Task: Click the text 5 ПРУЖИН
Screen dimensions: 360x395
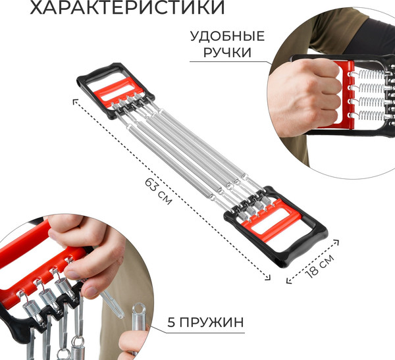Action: coord(205,322)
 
